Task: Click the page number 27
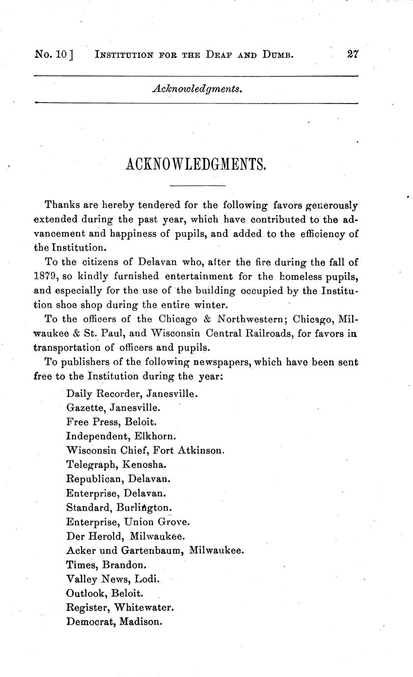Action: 353,54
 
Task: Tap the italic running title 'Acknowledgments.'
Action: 197,89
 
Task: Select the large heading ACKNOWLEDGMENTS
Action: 196,165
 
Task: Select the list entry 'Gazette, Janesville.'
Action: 113,407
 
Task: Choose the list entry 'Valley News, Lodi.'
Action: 113,579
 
